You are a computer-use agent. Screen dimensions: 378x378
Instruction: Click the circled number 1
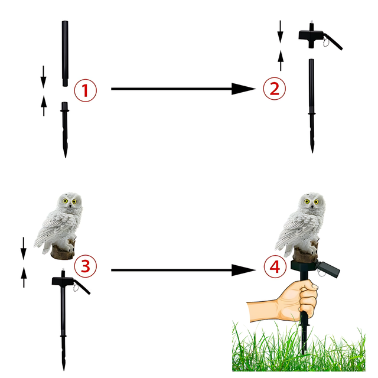85,90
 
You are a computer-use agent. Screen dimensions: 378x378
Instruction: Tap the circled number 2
274,89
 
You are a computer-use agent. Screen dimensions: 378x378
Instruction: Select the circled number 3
85,266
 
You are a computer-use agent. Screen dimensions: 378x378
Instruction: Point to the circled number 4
275,267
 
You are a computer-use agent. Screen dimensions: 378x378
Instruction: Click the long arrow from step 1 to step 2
183,89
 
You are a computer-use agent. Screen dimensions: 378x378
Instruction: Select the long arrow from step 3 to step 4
183,270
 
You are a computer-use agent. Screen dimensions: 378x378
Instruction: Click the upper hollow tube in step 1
65,54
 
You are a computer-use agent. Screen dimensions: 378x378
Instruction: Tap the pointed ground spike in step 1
65,130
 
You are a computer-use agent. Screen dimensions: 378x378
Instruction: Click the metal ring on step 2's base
326,43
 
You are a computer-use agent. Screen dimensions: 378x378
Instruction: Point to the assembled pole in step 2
312,106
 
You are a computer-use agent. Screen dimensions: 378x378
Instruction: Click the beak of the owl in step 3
70,206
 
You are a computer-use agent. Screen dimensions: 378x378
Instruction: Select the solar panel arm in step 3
82,287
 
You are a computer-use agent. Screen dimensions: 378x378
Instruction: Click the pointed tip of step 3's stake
64,370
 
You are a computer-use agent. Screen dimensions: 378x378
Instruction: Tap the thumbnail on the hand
314,286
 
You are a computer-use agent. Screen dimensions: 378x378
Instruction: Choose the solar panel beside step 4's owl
328,268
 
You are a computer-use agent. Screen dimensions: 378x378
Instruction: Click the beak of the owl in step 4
312,207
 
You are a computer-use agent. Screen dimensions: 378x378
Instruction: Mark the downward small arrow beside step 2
280,31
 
